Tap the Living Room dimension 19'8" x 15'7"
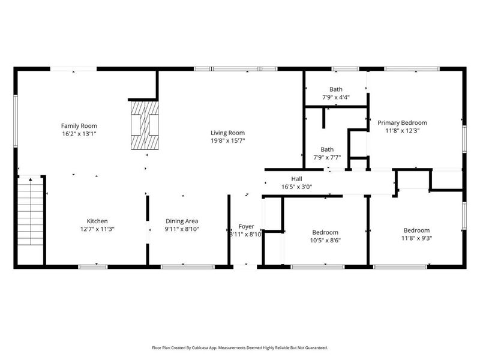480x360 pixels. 227,141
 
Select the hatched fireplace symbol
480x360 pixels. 146,125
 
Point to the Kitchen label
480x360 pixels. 97,221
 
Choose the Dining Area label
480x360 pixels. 181,221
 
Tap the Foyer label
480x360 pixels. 247,226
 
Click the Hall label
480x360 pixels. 296,179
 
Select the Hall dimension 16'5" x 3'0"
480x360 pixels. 296,187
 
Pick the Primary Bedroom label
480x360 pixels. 401,122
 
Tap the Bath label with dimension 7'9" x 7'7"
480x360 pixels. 327,149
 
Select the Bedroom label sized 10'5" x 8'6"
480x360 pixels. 325,232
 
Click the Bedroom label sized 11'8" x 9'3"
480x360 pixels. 416,230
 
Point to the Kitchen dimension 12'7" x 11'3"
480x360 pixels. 97,229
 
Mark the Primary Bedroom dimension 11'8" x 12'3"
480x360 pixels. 401,130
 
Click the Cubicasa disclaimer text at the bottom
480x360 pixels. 240,347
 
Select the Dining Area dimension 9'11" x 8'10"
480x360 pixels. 181,229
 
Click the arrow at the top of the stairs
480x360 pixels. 31,179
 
